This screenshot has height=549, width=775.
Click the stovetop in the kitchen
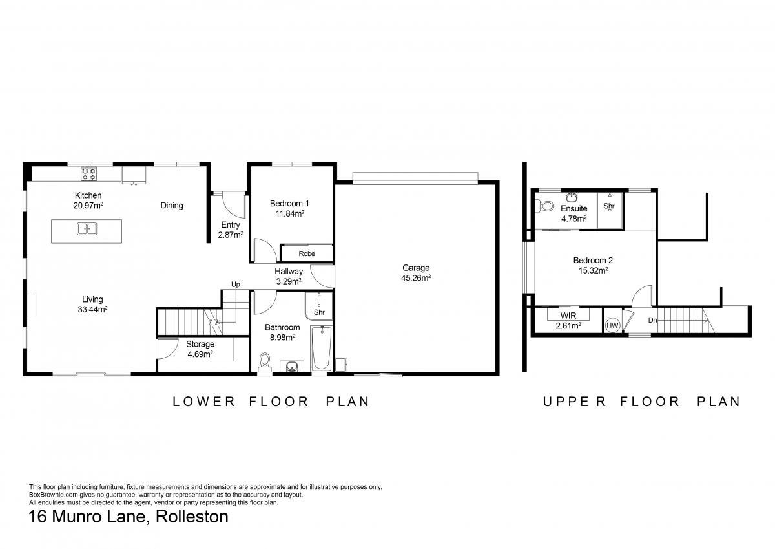pyautogui.click(x=89, y=173)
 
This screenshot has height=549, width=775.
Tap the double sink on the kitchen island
pyautogui.click(x=87, y=230)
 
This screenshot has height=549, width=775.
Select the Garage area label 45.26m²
pyautogui.click(x=416, y=278)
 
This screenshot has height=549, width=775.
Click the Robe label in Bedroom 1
pyautogui.click(x=307, y=253)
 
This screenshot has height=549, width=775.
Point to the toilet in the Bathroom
pyautogui.click(x=265, y=363)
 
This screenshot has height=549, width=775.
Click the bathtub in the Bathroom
pyautogui.click(x=322, y=348)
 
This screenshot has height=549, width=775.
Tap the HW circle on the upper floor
pyautogui.click(x=612, y=325)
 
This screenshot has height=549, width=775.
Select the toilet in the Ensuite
pyautogui.click(x=544, y=206)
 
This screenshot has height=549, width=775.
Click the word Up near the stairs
pyautogui.click(x=235, y=285)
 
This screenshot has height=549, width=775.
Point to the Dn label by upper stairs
pyautogui.click(x=652, y=320)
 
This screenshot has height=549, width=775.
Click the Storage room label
pyautogui.click(x=200, y=344)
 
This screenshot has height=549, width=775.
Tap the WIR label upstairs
pyautogui.click(x=568, y=316)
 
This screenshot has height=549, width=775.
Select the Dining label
pyautogui.click(x=172, y=206)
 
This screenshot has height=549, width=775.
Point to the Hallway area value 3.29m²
pyautogui.click(x=289, y=281)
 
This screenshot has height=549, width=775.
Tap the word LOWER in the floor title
pyautogui.click(x=204, y=402)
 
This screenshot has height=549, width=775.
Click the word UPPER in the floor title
pyautogui.click(x=574, y=402)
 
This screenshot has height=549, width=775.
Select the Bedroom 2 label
pyautogui.click(x=593, y=260)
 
